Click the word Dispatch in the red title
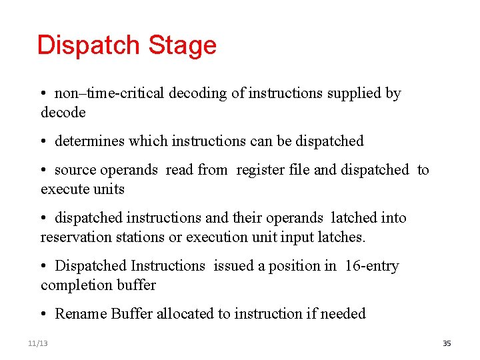[x=89, y=45]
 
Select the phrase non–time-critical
[x=109, y=93]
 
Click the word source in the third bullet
[x=75, y=170]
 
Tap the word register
[x=263, y=170]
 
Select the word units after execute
[x=109, y=189]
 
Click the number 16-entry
[x=372, y=266]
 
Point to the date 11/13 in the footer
[x=38, y=343]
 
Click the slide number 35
[x=447, y=343]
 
